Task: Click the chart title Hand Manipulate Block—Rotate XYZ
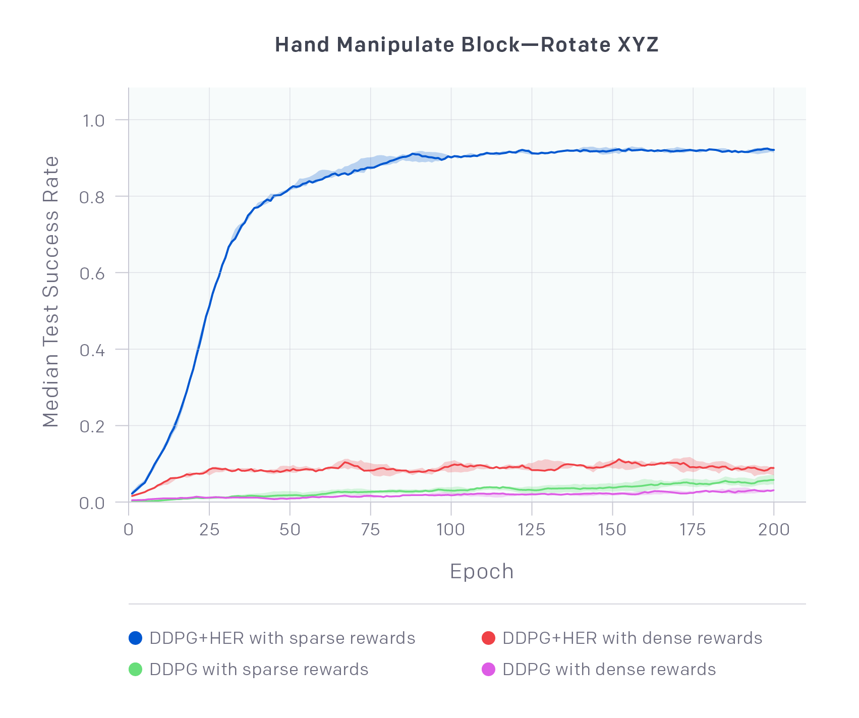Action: coord(467,45)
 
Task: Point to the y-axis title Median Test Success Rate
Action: coord(51,292)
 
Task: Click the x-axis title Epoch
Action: coord(482,572)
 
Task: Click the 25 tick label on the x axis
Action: coord(209,530)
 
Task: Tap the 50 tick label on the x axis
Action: coord(290,530)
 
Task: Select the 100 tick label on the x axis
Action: coord(450,530)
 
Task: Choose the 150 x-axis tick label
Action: coord(612,530)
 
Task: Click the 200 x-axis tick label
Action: coord(773,530)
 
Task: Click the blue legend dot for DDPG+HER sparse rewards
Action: coord(136,638)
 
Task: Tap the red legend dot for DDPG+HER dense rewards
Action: coord(488,638)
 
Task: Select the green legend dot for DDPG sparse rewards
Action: coord(136,670)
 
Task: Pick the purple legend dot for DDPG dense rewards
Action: coord(488,670)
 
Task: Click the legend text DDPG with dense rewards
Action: coord(609,670)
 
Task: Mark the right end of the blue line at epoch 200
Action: coord(773,150)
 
